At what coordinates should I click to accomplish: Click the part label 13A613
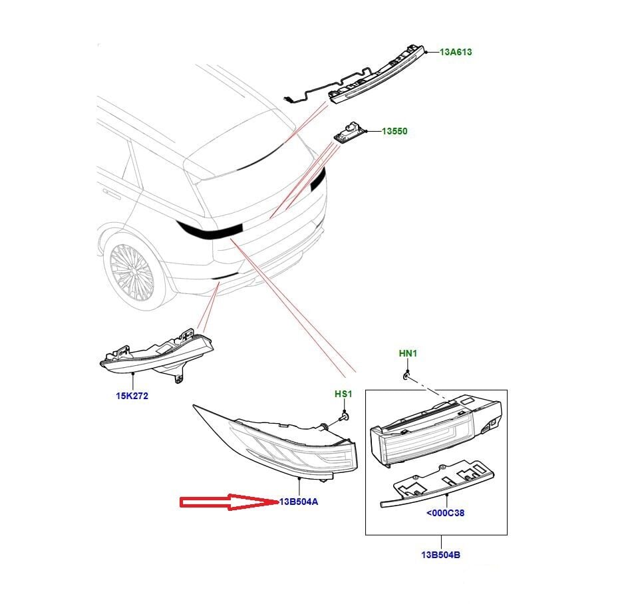(456, 52)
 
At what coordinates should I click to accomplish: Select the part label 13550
(394, 132)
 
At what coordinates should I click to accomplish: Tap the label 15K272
(132, 396)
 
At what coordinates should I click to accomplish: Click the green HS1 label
(343, 394)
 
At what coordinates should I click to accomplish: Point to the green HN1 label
(407, 353)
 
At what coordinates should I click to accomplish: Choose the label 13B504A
(299, 502)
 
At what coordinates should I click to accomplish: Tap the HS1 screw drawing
(344, 416)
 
